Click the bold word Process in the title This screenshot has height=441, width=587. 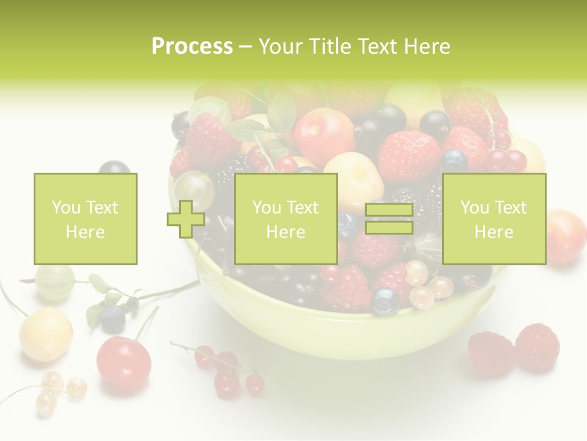tap(192, 47)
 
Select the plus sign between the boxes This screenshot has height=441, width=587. tap(186, 219)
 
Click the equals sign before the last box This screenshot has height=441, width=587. tap(389, 219)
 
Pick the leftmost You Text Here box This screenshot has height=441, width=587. tap(85, 219)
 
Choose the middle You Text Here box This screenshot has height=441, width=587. tap(286, 219)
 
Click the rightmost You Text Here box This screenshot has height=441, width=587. tap(493, 219)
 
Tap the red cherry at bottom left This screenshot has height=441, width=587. tap(124, 361)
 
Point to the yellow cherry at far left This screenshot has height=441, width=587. tap(46, 334)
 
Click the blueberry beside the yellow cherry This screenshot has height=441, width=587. tap(113, 318)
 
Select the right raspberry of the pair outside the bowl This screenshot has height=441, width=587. tap(537, 347)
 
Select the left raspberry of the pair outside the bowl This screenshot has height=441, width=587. tap(491, 353)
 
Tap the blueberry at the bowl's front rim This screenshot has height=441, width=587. tap(386, 301)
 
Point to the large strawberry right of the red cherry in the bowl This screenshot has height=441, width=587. tap(408, 156)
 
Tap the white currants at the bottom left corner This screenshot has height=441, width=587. tap(58, 392)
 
